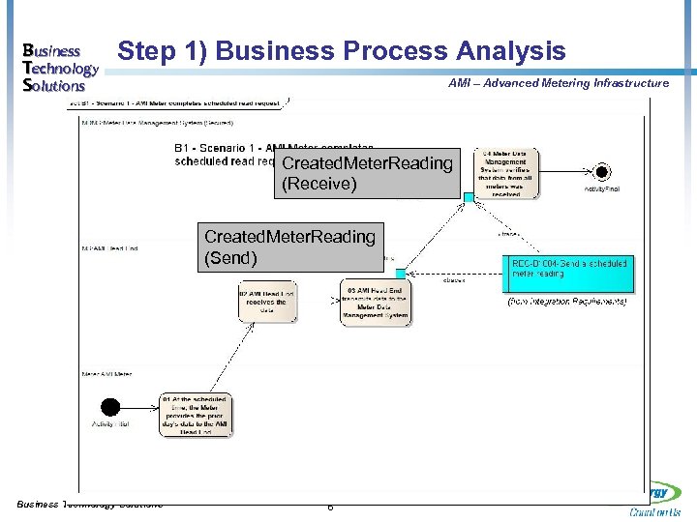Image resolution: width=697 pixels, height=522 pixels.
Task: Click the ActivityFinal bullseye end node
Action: tap(602, 173)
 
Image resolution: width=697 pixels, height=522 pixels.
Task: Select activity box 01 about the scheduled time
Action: tap(197, 413)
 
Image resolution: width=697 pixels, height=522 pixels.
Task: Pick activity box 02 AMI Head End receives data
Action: tap(266, 301)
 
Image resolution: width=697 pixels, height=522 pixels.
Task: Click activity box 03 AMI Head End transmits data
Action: tap(376, 301)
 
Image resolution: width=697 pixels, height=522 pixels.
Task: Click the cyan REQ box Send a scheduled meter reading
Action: tap(569, 273)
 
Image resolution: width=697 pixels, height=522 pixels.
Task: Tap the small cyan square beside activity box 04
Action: tap(469, 196)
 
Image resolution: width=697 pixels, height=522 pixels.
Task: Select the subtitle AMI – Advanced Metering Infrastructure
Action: tap(558, 83)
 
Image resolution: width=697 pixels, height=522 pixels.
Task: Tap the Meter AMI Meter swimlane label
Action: tap(106, 373)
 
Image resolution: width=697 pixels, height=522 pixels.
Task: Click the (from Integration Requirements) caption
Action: tap(567, 303)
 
